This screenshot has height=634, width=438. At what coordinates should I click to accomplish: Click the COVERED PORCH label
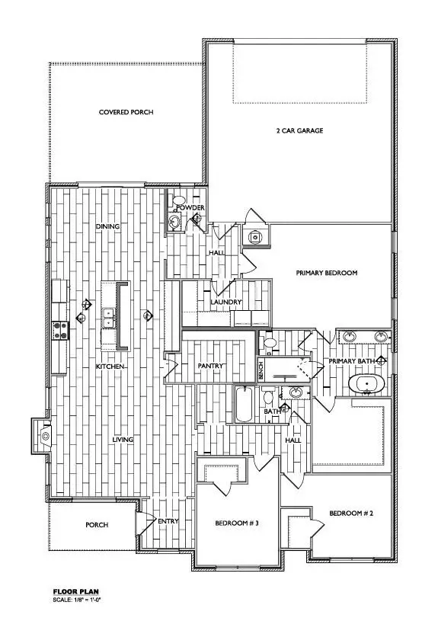point(126,112)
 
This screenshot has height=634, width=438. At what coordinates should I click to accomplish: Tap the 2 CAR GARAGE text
point(299,131)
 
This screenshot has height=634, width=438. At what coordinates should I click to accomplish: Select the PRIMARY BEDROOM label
point(326,273)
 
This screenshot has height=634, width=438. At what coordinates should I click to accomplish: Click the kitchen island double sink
point(109,317)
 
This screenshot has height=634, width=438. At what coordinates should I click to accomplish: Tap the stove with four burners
point(59,329)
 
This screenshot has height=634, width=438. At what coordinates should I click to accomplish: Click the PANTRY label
point(209,366)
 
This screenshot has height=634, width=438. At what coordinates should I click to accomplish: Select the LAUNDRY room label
point(226,303)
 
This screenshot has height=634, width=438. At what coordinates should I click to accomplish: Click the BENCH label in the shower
point(261,371)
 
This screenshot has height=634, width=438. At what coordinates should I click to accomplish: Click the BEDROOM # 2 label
point(350,514)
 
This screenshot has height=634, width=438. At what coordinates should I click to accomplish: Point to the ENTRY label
point(168,521)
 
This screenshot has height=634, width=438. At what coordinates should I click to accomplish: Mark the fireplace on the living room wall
point(41,436)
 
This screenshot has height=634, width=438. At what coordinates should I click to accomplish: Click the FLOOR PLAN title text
point(75,591)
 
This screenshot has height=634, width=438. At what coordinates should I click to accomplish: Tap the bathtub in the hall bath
point(244,405)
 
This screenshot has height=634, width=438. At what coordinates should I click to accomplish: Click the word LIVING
point(111,440)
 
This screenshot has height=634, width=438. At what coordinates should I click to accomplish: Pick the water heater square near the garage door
point(254,235)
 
